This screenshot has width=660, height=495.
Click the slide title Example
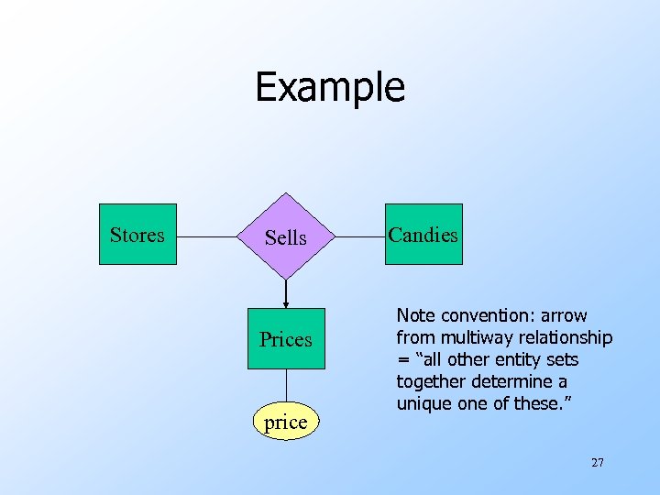(x=329, y=87)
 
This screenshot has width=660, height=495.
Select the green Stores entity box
(x=137, y=235)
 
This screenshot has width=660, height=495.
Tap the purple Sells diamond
(x=286, y=236)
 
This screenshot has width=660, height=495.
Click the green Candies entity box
(x=423, y=235)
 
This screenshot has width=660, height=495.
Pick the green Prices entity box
(x=286, y=339)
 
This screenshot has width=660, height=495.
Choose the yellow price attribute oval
(x=285, y=423)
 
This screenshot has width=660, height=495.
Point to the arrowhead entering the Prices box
(x=286, y=303)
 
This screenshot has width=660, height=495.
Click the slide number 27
(x=597, y=463)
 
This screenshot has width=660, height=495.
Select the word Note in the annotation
(x=415, y=316)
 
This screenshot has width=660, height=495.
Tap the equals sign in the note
(x=401, y=360)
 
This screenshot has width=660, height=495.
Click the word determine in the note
(x=512, y=382)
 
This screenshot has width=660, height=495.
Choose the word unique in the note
(x=422, y=404)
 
